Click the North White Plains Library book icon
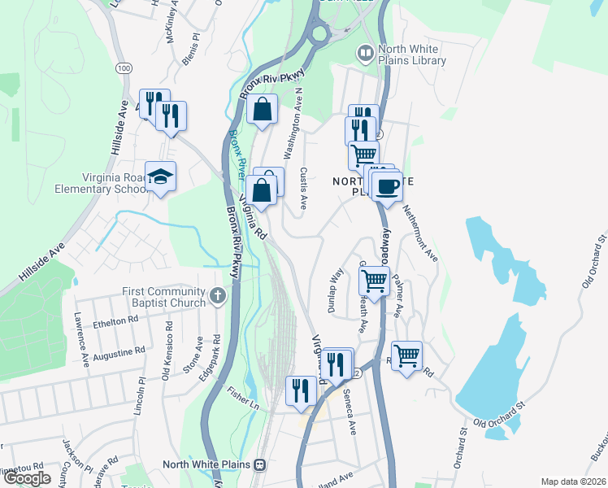pos(366,53)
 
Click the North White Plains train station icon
pos(260,465)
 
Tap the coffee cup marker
pos(388,186)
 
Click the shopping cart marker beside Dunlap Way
pos(374,281)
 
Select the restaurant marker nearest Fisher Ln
pos(301,390)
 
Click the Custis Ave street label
pos(302,189)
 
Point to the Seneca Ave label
pos(350,413)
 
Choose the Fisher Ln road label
pos(242,396)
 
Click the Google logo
pos(27,478)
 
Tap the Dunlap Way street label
pos(336,285)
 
